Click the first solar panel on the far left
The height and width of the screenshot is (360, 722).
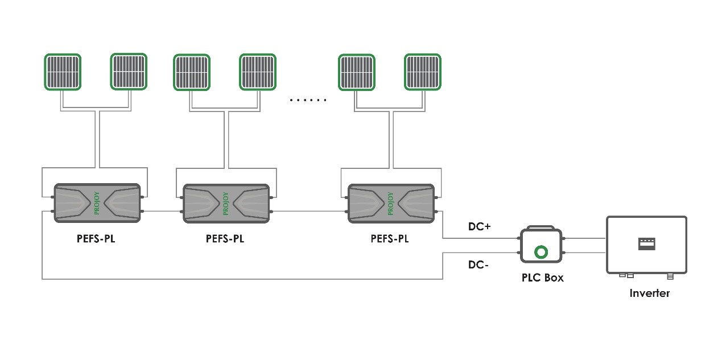click(x=63, y=72)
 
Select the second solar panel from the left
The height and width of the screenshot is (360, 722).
click(x=129, y=72)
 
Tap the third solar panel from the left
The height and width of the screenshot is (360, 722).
click(x=192, y=72)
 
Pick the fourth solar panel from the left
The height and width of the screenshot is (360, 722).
click(x=258, y=72)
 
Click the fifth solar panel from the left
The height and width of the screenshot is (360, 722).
click(x=357, y=72)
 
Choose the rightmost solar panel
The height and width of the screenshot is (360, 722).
click(x=422, y=72)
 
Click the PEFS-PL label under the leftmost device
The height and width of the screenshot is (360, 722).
click(x=96, y=239)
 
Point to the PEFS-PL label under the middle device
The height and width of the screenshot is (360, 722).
click(x=225, y=239)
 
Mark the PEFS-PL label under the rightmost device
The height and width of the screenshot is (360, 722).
click(x=390, y=239)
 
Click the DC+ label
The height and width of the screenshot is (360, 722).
click(x=479, y=226)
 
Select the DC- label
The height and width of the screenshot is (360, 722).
click(x=478, y=264)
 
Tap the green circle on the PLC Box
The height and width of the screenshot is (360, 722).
click(x=541, y=251)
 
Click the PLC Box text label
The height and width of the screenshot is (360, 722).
click(x=542, y=278)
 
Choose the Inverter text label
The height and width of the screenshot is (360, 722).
click(x=649, y=293)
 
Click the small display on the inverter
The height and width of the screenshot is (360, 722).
click(x=647, y=244)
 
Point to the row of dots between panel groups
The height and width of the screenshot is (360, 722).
click(x=308, y=100)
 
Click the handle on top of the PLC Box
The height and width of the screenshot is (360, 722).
click(x=541, y=227)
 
